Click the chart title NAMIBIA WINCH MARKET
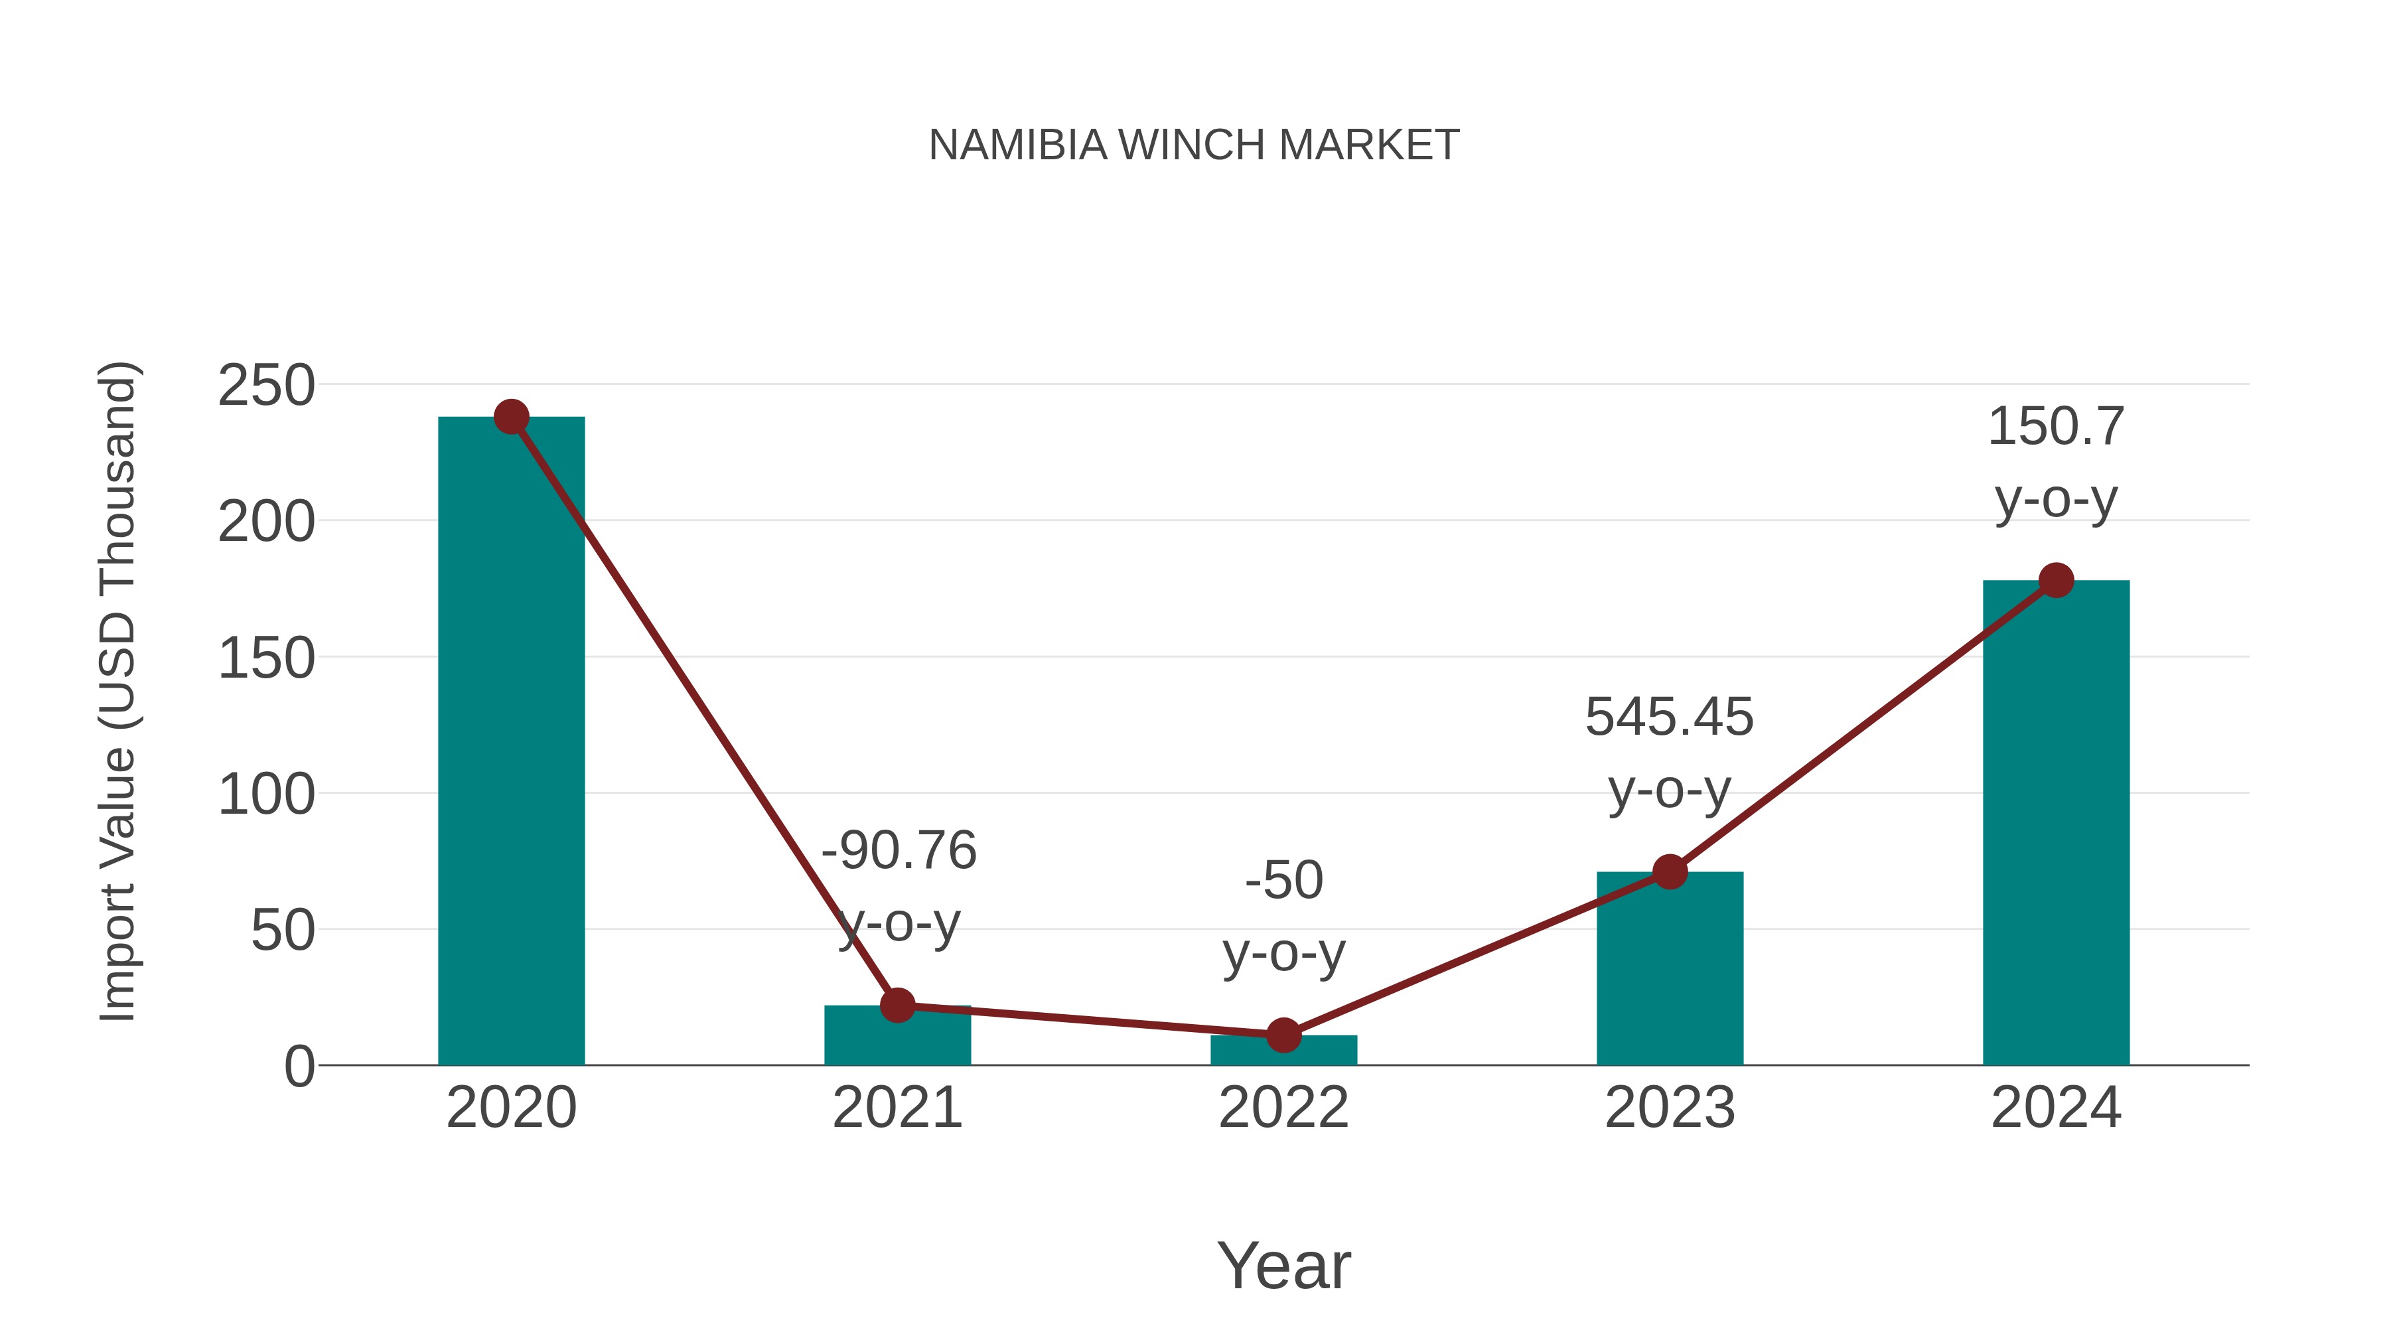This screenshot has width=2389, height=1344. point(1194,145)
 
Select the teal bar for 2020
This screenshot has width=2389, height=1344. point(511,742)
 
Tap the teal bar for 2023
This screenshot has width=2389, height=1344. point(1670,969)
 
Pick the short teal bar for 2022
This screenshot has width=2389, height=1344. point(1283,1051)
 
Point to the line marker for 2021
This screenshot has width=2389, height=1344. point(897,1005)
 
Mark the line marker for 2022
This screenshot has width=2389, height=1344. point(1283,1035)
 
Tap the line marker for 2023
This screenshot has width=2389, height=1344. point(1670,872)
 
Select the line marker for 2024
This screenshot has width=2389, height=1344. point(2056,581)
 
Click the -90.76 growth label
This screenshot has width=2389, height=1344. point(899,851)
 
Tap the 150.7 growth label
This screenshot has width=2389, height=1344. point(2056,427)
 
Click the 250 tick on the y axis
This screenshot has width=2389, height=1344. point(266,386)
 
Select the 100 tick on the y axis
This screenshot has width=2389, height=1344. point(266,795)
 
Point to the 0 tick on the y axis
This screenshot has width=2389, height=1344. point(299,1067)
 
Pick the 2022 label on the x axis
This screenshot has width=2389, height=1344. point(1283,1108)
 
